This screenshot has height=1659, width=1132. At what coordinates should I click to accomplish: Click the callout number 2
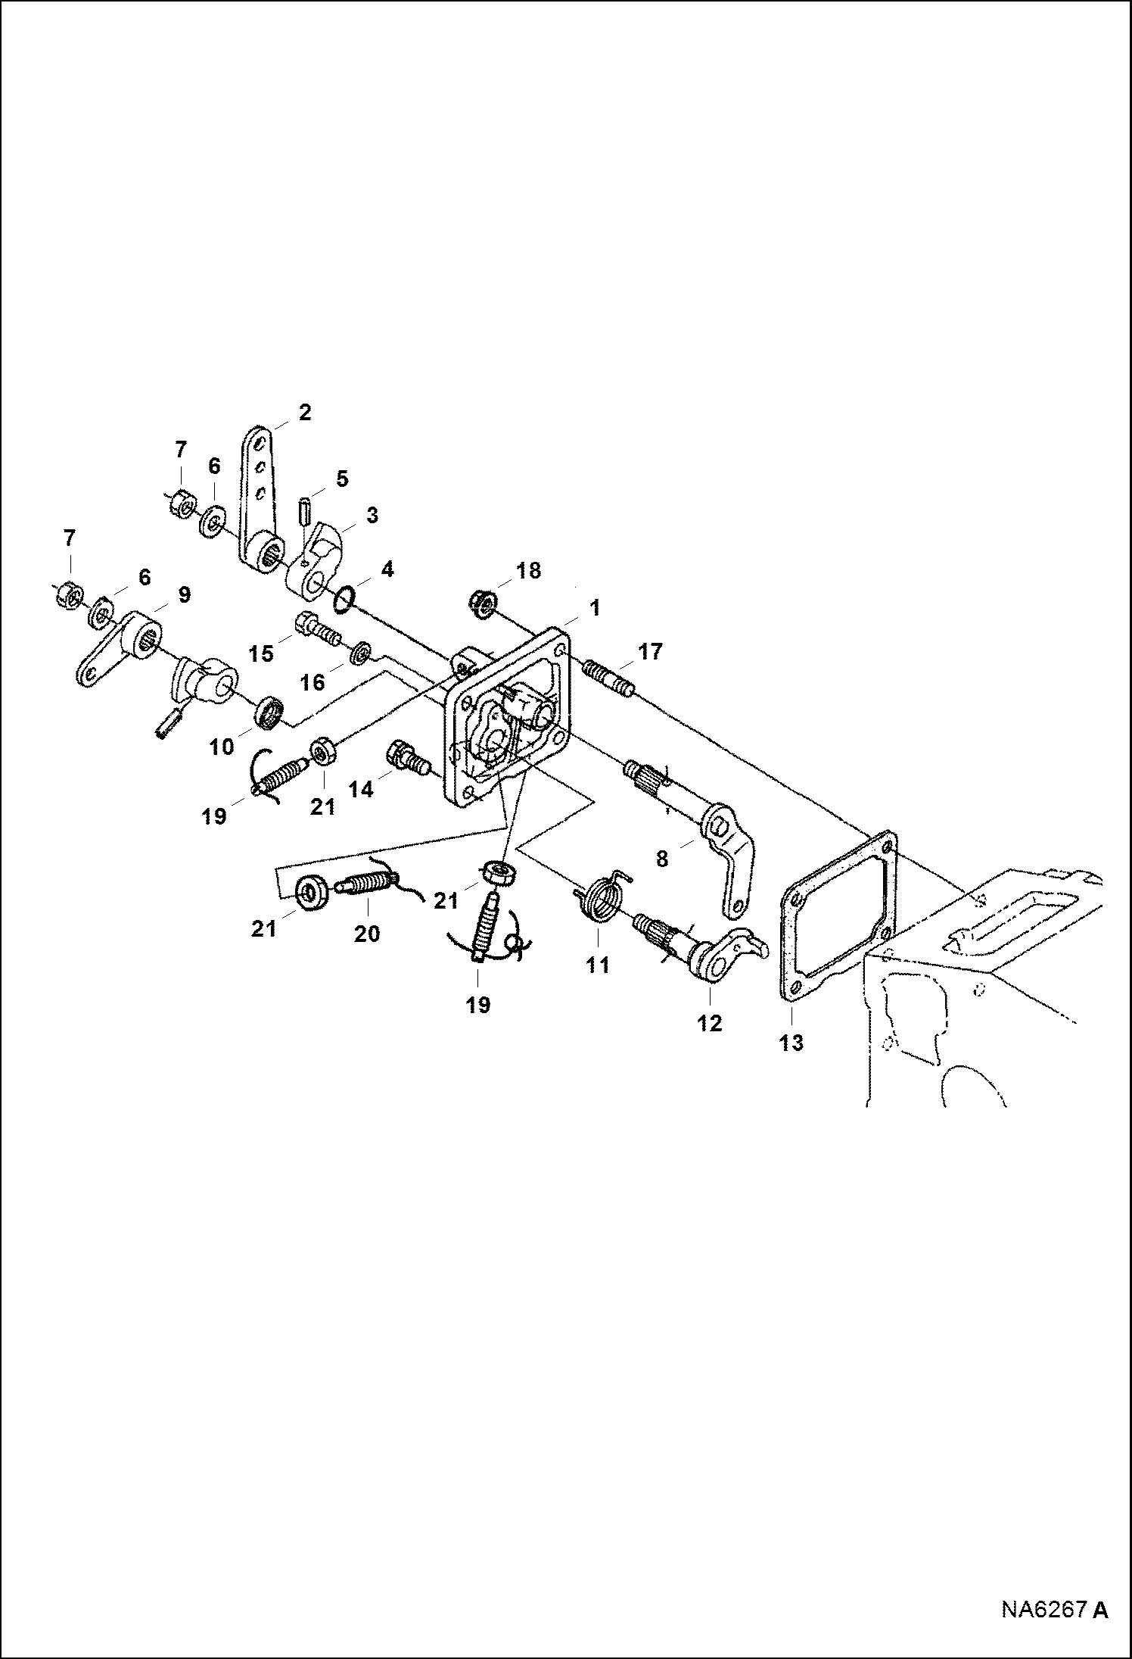[x=304, y=413]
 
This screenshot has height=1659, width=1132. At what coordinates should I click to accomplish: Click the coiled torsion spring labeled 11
[x=602, y=899]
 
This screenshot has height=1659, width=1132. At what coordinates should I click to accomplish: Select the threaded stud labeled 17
[x=608, y=675]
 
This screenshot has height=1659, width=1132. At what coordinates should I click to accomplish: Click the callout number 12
[x=710, y=1023]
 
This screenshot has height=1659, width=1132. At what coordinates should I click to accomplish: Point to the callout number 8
[x=662, y=859]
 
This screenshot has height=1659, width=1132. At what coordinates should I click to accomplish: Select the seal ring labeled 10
[x=269, y=712]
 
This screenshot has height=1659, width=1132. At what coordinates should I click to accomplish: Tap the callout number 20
[x=367, y=934]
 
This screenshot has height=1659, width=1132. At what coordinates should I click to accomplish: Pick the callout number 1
[x=594, y=608]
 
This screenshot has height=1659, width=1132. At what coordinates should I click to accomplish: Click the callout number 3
[x=372, y=516]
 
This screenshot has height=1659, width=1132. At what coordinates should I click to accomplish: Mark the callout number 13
[x=791, y=1043]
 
